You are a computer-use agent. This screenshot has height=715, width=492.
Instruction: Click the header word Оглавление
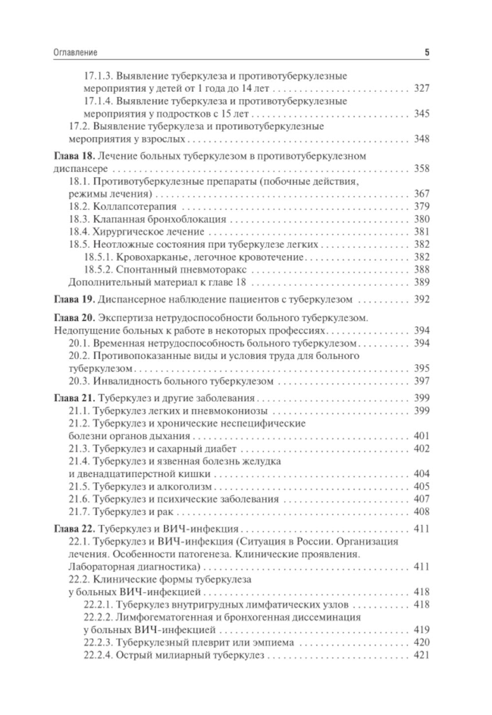[x=75, y=52]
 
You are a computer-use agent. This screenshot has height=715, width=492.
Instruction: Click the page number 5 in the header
[x=427, y=52]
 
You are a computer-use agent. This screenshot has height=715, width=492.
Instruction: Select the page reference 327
[x=422, y=88]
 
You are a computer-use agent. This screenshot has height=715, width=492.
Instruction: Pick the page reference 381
[x=422, y=232]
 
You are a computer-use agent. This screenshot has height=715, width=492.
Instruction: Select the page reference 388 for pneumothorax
[x=422, y=270]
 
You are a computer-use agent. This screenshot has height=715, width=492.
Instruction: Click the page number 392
[x=422, y=299]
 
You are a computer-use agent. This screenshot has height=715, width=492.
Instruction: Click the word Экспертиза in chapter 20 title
[x=124, y=318]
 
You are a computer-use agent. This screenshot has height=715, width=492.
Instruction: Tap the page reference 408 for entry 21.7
[x=422, y=512]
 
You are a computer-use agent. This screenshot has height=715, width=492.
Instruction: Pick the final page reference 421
[x=422, y=655]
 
